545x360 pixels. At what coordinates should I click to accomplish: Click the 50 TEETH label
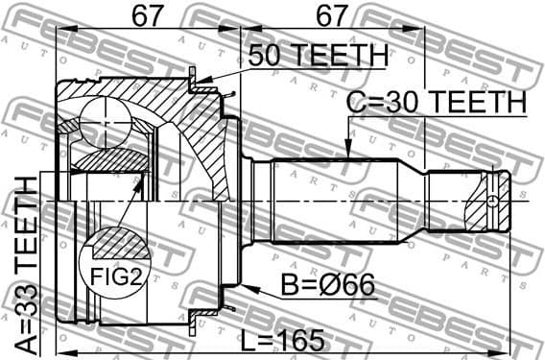pyautogui.click(x=318, y=57)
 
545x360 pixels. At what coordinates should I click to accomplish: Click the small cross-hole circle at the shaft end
pyautogui.click(x=491, y=200)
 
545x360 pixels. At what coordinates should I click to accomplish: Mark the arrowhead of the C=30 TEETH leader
pyautogui.click(x=346, y=154)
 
